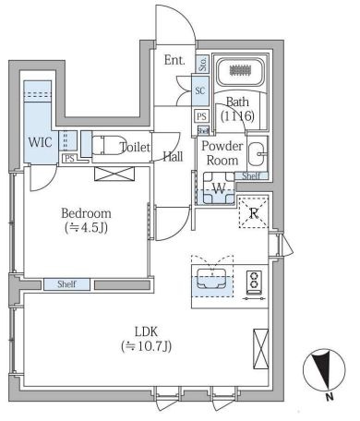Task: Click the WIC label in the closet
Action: coord(40,142)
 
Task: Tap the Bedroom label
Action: coord(86,213)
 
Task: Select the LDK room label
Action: coord(146,331)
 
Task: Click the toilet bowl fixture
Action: coord(109,145)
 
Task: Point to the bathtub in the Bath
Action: coord(240,71)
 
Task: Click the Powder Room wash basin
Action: coord(258,154)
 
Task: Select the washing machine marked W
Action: coord(219,188)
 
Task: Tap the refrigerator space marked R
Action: coord(254,212)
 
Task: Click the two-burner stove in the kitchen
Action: coord(254,280)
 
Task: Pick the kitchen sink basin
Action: coord(212,279)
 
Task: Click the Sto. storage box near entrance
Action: coord(202,64)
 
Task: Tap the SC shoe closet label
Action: coord(200,90)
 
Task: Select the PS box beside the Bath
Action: coord(201,116)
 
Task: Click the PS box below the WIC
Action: coord(69,159)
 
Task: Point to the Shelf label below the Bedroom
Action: coord(66,284)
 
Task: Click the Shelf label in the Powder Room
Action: coord(251,176)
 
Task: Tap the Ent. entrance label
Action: coord(174,60)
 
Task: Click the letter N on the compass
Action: coord(330,397)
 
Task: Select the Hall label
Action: coord(173,157)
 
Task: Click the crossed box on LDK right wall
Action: coord(260,349)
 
